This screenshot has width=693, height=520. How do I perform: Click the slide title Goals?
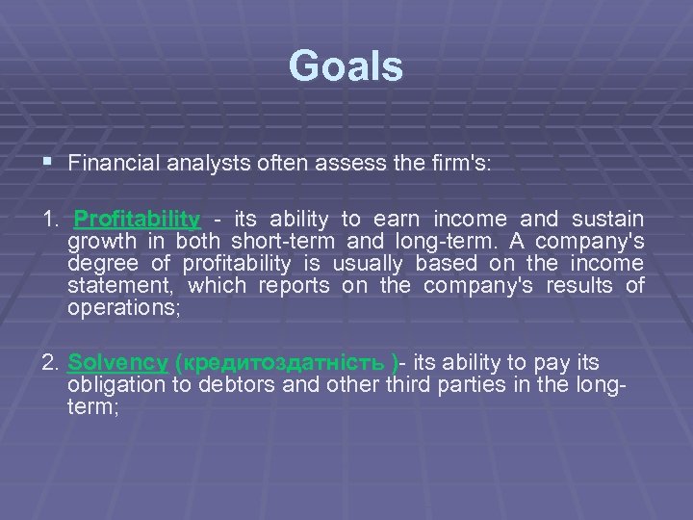click(346, 66)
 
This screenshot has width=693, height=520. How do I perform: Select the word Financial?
click(111, 164)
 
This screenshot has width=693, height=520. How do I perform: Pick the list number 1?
click(50, 219)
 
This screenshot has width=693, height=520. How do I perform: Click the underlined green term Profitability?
click(138, 219)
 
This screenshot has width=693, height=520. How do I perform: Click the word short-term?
click(273, 241)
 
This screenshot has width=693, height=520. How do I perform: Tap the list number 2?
click(50, 363)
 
